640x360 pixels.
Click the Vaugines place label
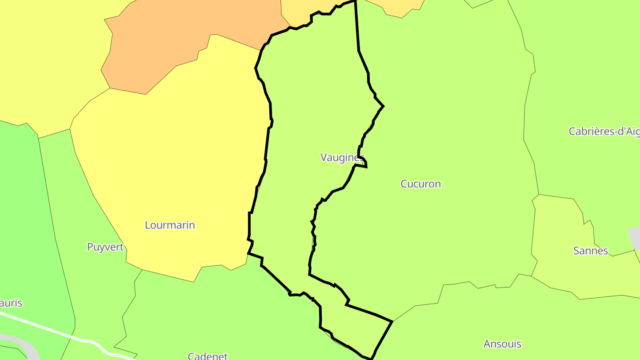(342, 158)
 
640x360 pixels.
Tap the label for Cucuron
(420, 184)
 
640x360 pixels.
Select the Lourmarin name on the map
(170, 225)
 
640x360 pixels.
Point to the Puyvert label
(105, 248)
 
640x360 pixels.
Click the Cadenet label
(208, 356)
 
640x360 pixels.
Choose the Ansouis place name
(502, 344)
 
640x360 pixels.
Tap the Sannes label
(590, 251)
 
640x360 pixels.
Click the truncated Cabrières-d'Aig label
(604, 132)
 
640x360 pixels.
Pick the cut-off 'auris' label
(11, 304)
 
